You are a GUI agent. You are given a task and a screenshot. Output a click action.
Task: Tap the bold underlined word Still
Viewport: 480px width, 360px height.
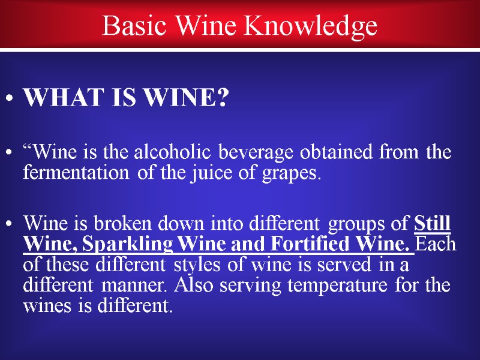coord(433,223)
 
